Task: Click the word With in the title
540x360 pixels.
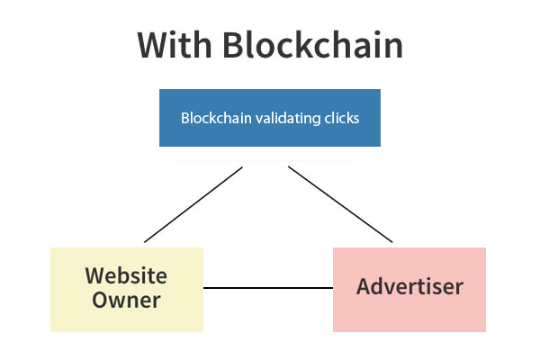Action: pos(175,45)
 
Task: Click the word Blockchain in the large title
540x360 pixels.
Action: pos(313,45)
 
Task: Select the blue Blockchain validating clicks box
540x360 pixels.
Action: pos(270,118)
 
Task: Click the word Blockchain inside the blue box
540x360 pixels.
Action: pos(216,118)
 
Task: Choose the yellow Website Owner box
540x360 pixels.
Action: pos(127,290)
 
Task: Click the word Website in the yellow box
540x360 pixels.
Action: pos(126,275)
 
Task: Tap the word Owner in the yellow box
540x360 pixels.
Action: pos(126,300)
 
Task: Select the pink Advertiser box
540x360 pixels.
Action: pos(409,290)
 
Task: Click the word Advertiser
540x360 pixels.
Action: pos(409,286)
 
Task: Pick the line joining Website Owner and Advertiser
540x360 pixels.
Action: pos(268,288)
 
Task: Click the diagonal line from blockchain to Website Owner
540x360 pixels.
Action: pos(193,204)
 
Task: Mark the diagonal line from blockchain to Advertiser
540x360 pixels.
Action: pos(340,204)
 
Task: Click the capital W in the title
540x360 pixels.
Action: pos(156,45)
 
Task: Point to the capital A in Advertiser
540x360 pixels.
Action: pos(364,286)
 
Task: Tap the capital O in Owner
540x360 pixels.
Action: pos(101,300)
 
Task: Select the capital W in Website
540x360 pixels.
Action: pos(98,275)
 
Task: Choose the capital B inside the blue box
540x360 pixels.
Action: pos(184,118)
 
